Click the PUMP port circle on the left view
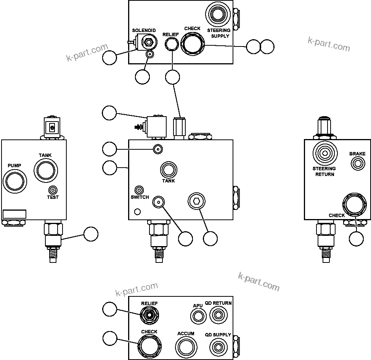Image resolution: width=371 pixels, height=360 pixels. click(x=14, y=180)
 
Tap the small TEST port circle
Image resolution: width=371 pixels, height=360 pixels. click(x=53, y=190)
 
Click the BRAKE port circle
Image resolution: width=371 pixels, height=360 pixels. click(x=357, y=164)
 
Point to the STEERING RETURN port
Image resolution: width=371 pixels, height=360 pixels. click(x=324, y=153)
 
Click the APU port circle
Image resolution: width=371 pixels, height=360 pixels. click(x=198, y=316)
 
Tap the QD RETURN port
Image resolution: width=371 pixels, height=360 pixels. click(x=218, y=315)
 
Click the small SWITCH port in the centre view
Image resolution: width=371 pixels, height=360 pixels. click(x=140, y=190)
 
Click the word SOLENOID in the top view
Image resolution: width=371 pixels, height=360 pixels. click(x=144, y=30)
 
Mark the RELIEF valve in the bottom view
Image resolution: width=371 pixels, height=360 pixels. click(x=149, y=315)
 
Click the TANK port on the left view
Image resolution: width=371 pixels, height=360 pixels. click(x=45, y=170)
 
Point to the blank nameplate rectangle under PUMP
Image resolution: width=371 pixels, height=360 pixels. click(x=14, y=214)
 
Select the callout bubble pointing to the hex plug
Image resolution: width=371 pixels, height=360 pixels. click(x=210, y=238)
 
